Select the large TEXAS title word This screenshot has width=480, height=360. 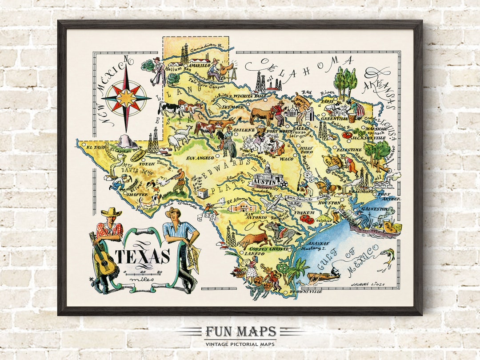(143, 256)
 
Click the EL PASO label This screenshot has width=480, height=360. (96, 147)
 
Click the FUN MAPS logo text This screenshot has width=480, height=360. (240, 332)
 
